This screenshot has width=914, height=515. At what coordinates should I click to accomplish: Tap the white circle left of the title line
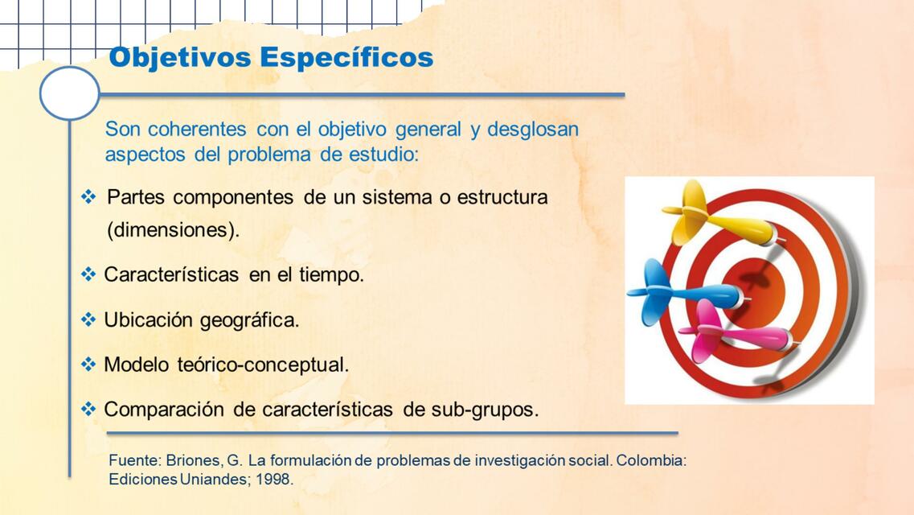[x=70, y=93]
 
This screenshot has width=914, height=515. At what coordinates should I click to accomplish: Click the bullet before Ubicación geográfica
[x=88, y=319]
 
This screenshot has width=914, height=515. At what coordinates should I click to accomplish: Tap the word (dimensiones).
[x=173, y=230]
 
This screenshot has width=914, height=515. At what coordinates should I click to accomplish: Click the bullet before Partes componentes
[x=88, y=196]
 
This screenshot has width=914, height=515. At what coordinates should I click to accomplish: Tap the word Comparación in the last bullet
[x=163, y=410]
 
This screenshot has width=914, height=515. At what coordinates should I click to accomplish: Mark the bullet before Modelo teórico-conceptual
[x=88, y=365]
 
